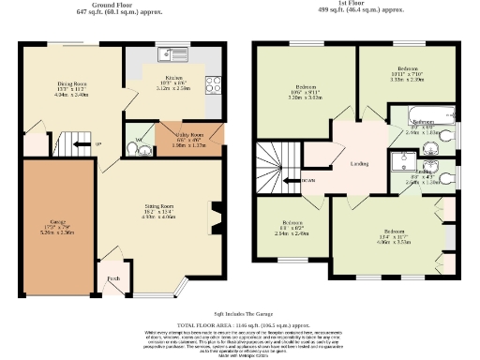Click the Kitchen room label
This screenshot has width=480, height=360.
(174, 78)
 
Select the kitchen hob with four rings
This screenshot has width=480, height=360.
(213, 84)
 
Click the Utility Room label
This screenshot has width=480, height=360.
(190, 136)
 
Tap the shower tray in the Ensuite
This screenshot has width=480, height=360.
(409, 161)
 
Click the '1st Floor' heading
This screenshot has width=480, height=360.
(352, 5)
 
